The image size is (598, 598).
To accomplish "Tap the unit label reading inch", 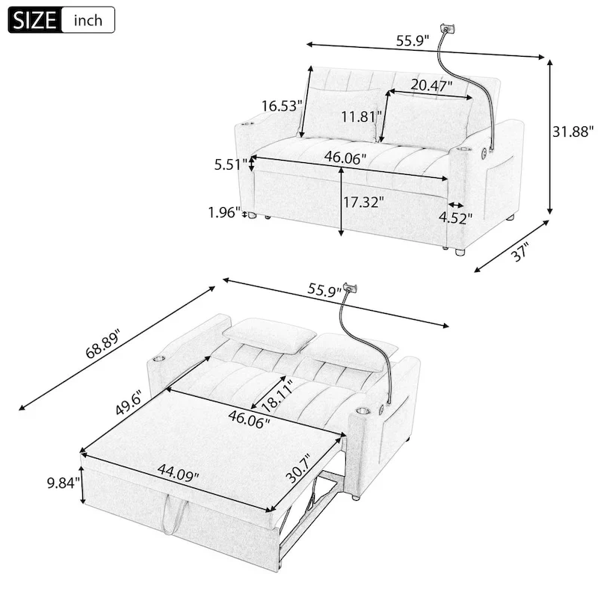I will [88, 20].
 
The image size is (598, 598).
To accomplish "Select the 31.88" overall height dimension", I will [571, 132].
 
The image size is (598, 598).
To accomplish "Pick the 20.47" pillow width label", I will [431, 85].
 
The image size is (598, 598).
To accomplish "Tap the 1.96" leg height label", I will [224, 213].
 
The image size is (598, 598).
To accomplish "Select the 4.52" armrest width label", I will [457, 218].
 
